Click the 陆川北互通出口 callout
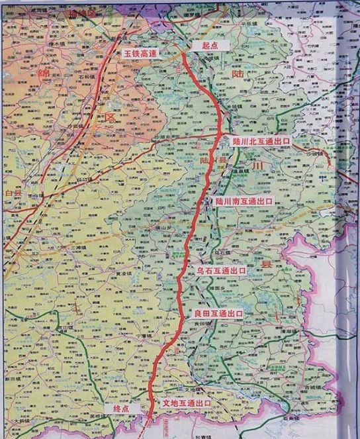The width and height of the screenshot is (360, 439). (262, 141)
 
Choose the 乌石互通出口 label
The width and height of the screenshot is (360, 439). (222, 271)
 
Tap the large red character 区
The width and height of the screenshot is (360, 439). (109, 118)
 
